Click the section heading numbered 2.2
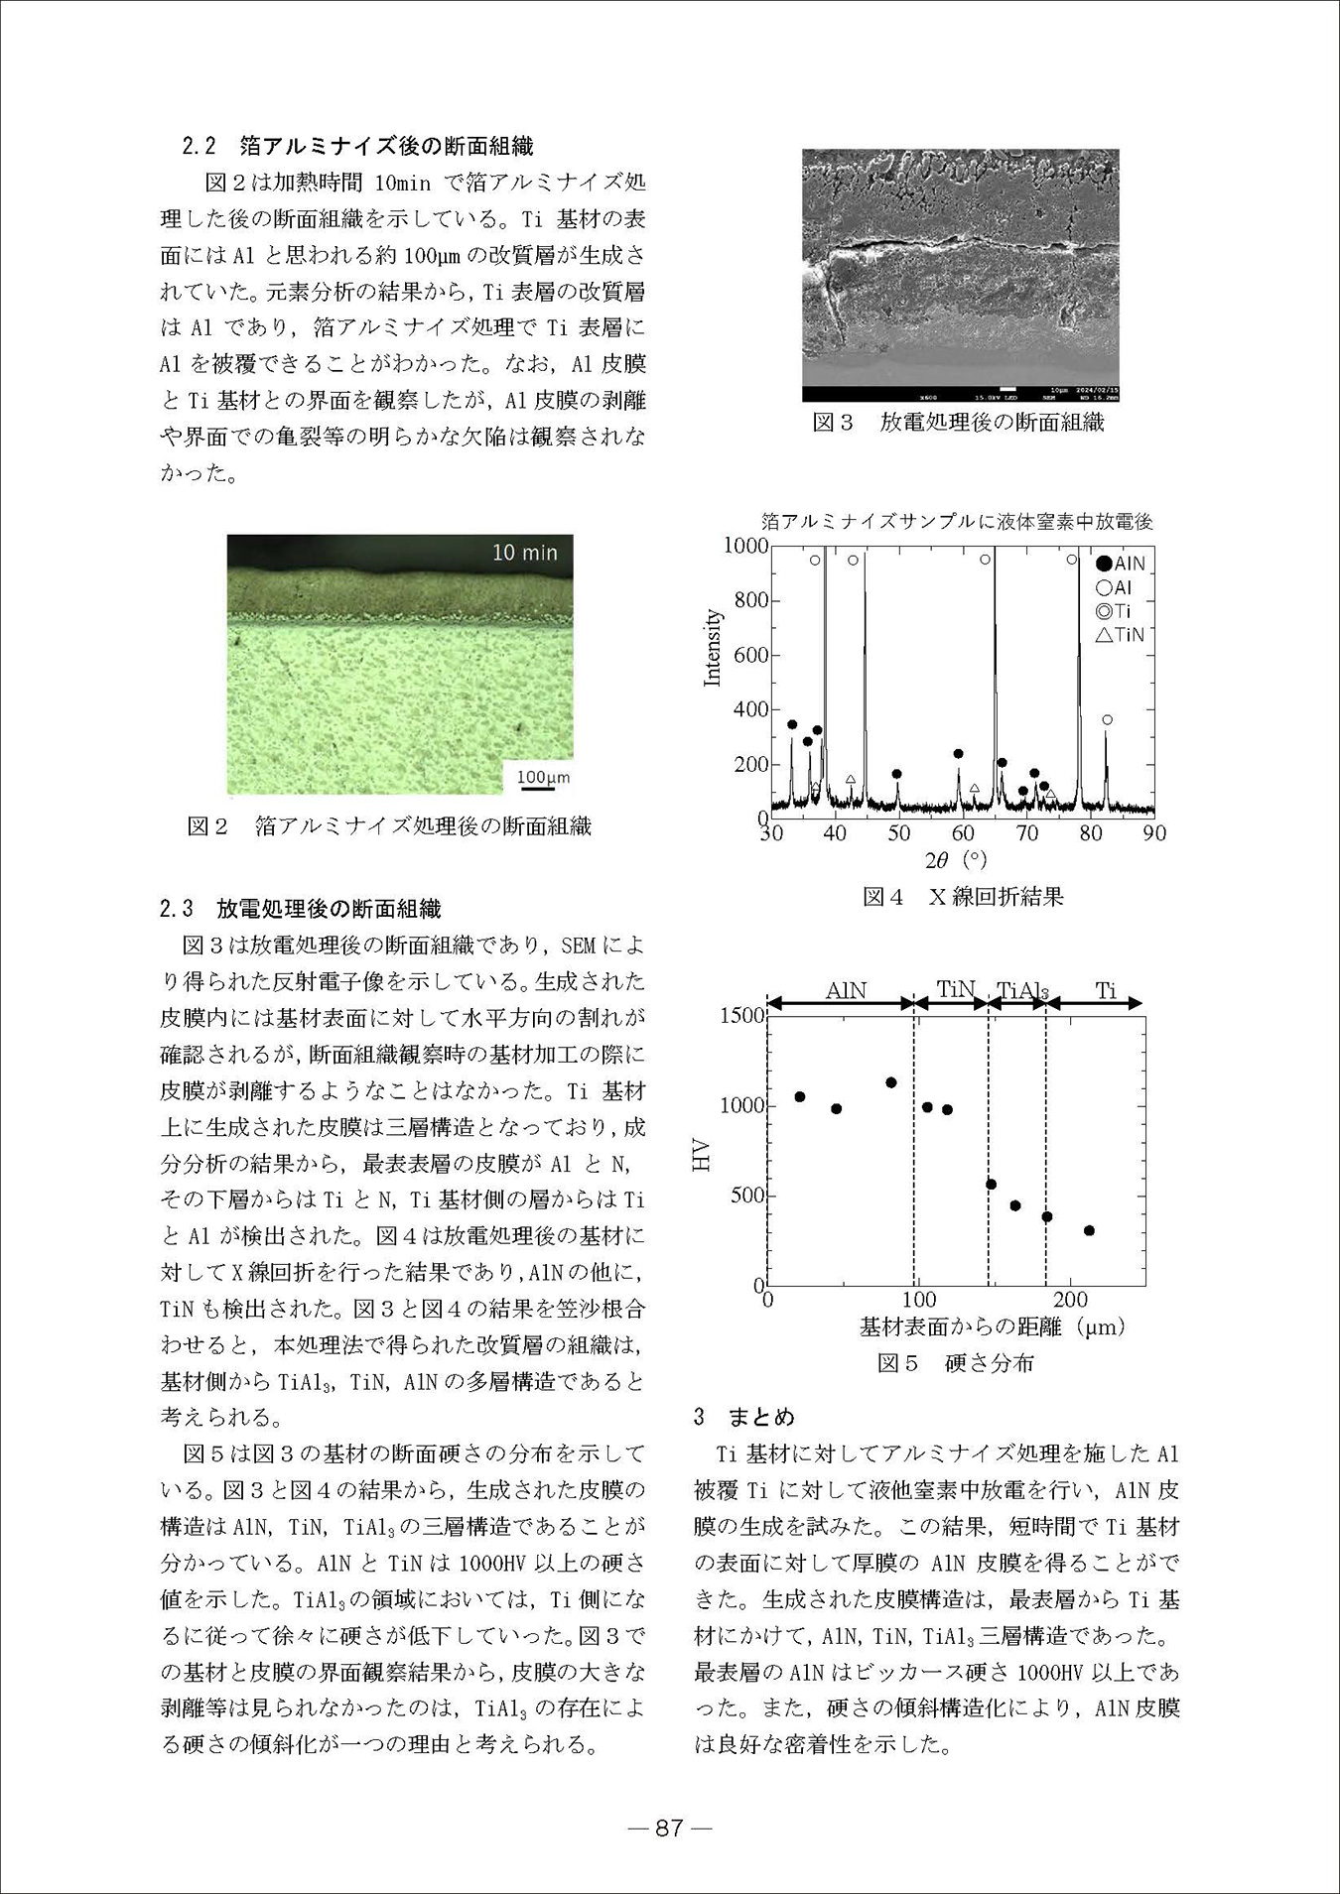point(357,147)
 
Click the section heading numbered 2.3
point(300,909)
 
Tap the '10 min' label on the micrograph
point(525,553)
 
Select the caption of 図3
point(958,423)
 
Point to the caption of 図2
point(389,825)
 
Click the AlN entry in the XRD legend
point(1121,564)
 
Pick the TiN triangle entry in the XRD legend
point(1121,635)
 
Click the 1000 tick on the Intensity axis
point(745,546)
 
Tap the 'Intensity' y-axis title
point(712,648)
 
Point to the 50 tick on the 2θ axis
point(899,833)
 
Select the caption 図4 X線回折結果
point(963,897)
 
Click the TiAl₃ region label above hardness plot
point(1021,990)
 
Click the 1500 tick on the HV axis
point(742,1015)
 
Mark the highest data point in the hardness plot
point(891,1082)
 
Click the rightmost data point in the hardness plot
point(1089,1230)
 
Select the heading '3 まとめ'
point(744,1417)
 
